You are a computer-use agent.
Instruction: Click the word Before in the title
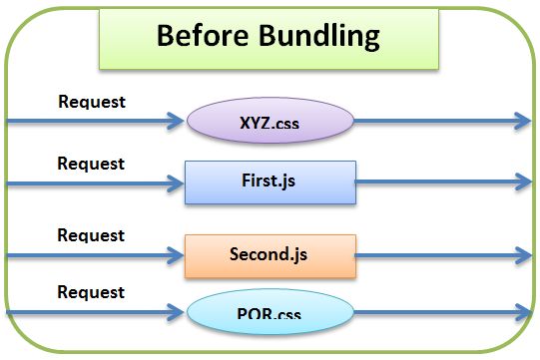(x=203, y=37)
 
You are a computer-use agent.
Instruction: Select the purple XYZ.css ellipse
(x=270, y=122)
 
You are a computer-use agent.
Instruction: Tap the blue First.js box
(x=270, y=182)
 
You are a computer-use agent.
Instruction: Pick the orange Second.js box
(x=270, y=255)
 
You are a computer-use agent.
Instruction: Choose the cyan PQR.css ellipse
(x=270, y=314)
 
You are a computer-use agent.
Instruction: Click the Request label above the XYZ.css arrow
(x=92, y=101)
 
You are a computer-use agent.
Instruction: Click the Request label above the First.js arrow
(x=91, y=163)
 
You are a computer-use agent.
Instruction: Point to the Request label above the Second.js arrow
(x=91, y=235)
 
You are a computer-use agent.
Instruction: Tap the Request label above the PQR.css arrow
(x=91, y=292)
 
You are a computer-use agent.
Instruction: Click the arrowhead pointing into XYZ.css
(x=180, y=122)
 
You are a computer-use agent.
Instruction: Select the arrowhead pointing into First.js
(x=177, y=182)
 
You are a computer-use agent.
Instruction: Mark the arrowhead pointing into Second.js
(x=177, y=255)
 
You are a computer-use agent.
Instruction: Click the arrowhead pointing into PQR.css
(x=180, y=314)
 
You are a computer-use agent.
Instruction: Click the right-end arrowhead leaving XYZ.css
(x=523, y=122)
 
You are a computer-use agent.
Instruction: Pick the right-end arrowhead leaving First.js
(x=523, y=182)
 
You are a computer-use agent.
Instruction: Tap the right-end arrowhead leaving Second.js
(x=523, y=255)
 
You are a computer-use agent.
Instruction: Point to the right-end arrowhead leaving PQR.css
(x=523, y=314)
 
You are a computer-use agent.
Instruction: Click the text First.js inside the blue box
(x=270, y=182)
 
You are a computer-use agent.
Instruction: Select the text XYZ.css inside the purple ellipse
(x=270, y=124)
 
